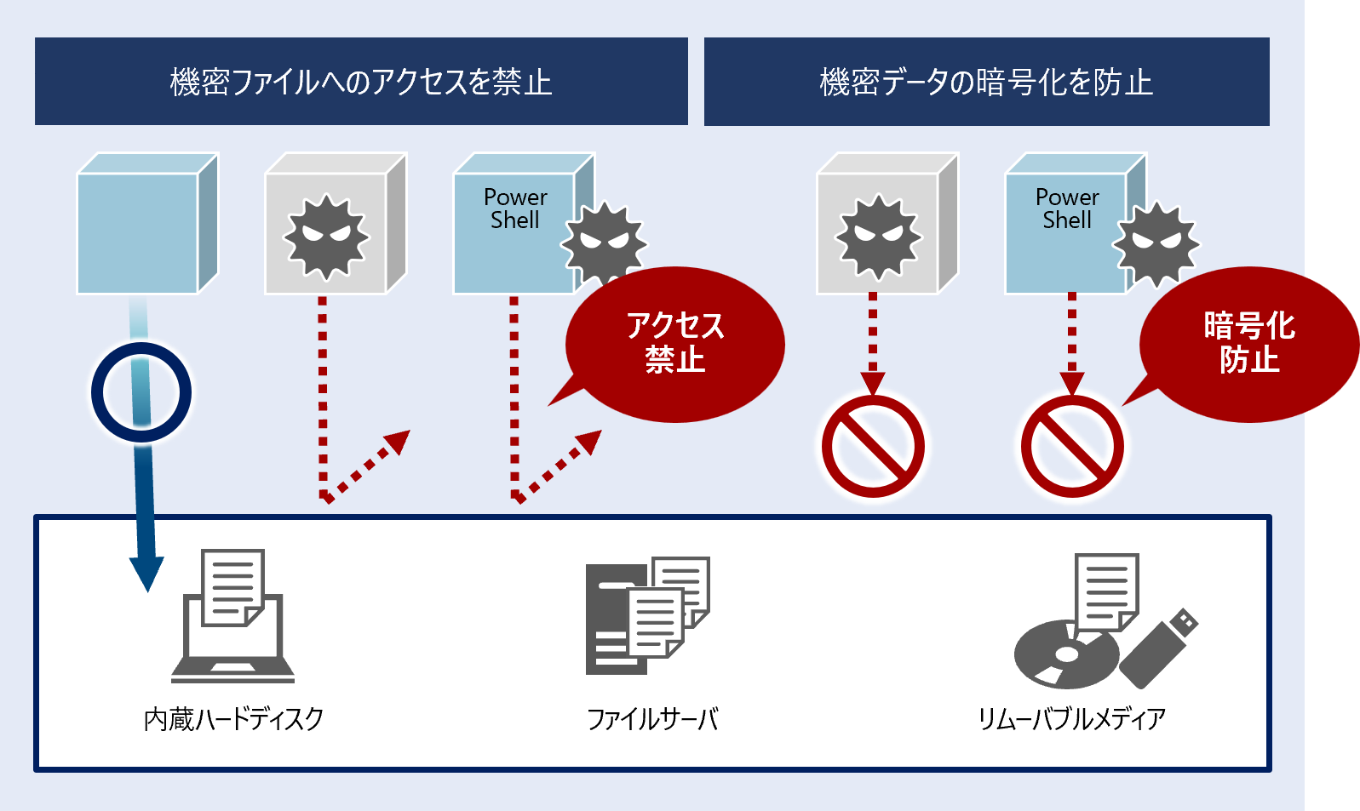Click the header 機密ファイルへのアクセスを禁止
coord(361,82)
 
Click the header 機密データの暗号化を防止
coord(986,82)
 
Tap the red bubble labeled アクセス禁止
coord(675,344)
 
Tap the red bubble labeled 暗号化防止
coord(1248,344)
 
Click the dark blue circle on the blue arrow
coord(141,392)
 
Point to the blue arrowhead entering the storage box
coord(146,574)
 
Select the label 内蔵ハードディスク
coord(234,719)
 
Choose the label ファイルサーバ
coord(652,719)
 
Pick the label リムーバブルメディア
coord(1071,719)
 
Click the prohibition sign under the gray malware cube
coord(873,446)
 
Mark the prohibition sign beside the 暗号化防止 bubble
coord(1072,446)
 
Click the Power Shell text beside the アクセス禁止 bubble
coord(515,208)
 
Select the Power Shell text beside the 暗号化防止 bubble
coord(1067,208)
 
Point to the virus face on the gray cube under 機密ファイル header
coord(327,236)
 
